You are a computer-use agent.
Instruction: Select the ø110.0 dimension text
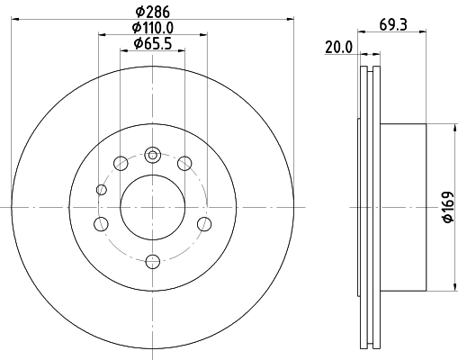pos(152,29)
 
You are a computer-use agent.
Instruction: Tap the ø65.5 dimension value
pos(152,43)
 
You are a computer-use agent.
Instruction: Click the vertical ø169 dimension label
pos(446,207)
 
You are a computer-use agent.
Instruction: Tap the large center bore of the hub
pos(152,205)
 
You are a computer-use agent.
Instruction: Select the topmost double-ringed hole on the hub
pos(153,155)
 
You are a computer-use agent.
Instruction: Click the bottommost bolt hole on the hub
pos(152,261)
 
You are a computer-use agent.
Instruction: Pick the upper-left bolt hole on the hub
pos(120,163)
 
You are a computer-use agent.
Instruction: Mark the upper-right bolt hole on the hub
pos(184,163)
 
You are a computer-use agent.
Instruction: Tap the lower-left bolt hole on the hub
pos(102,223)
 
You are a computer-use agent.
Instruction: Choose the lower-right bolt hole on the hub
pos(203,223)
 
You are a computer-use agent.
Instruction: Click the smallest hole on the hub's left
pos(100,189)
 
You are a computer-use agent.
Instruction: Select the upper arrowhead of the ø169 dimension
pos(450,126)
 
